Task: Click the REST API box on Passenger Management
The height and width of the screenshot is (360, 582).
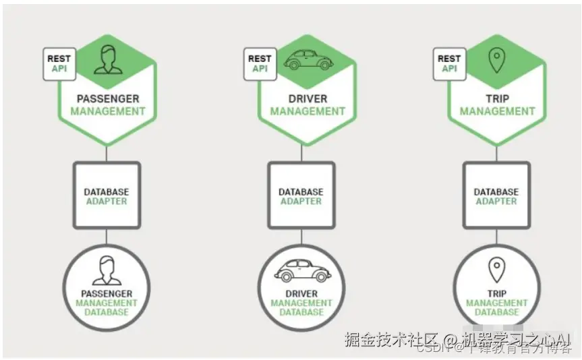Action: pos(59,64)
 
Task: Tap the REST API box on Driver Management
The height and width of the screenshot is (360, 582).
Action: pos(260,64)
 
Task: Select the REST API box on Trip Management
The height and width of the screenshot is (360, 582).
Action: pos(448,64)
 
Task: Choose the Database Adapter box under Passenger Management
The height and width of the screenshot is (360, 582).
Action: pos(106,195)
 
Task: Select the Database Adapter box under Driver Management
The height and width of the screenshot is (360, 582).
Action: pos(301,195)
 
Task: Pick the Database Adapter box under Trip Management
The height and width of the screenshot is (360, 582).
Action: pos(496,195)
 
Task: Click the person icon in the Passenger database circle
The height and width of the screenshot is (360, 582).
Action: pos(106,271)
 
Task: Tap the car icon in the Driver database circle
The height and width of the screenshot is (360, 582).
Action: pos(301,272)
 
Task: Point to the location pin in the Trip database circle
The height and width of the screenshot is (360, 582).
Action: pos(497,271)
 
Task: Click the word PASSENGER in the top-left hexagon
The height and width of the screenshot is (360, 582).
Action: pos(108,98)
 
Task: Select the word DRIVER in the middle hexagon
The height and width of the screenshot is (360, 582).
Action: pos(308,98)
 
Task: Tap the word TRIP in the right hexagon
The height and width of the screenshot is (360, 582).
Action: pos(497,98)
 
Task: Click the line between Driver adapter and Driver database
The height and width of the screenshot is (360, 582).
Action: pos(301,238)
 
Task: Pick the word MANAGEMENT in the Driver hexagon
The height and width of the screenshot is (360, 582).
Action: pos(308,111)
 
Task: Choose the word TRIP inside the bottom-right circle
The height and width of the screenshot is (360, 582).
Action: pos(496,294)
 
